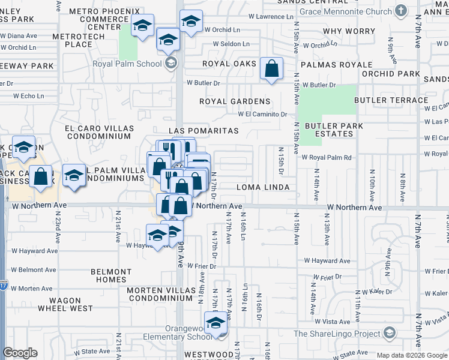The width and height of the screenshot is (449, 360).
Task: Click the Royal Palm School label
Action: coord(127,64)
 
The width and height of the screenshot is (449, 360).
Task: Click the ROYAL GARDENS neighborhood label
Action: coord(235,101)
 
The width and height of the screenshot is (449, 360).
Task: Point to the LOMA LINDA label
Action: coord(263,187)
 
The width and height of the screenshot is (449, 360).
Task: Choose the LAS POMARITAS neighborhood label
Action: coord(203,131)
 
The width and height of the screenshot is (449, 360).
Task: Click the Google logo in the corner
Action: coord(20,353)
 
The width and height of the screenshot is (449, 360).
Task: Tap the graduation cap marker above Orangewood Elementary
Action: coord(215,323)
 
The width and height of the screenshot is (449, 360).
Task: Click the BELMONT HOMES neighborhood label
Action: coord(110,275)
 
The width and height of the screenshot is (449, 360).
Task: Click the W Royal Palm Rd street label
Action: coord(326,158)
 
